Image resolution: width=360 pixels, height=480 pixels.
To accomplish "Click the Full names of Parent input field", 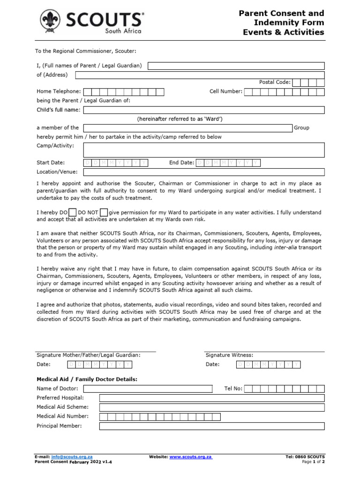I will (x=235, y=66).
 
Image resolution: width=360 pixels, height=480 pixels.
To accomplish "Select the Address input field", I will (x=199, y=75).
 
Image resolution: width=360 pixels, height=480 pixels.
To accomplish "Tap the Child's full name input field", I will (x=203, y=110).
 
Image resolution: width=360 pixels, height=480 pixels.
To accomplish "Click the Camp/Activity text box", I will (x=203, y=150).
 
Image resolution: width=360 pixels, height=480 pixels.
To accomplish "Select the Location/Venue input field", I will (x=203, y=172).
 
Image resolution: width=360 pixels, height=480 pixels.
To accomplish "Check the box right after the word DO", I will (x=73, y=212).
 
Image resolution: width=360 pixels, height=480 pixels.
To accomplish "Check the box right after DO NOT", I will (x=104, y=212).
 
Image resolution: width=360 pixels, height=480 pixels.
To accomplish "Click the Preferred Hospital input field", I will (x=211, y=398).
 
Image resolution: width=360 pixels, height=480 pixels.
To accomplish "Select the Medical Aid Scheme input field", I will (x=211, y=407).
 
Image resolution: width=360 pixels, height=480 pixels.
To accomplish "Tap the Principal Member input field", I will (x=211, y=426).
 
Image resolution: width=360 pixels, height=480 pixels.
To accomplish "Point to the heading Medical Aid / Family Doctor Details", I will (x=87, y=379).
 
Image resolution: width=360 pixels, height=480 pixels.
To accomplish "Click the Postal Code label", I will (x=275, y=82).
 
